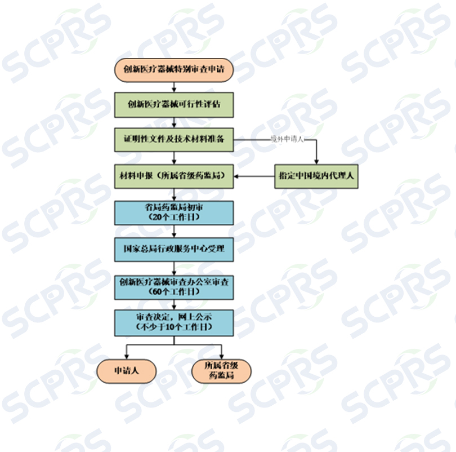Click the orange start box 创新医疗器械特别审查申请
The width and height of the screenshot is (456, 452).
174,70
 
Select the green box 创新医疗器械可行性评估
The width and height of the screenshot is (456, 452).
174,104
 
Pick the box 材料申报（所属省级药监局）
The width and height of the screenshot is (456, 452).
174,176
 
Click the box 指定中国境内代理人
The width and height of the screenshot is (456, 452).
316,176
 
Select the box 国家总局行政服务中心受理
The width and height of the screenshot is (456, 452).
174,249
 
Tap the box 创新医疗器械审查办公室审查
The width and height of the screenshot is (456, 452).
174,287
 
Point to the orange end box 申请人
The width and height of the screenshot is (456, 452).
126,371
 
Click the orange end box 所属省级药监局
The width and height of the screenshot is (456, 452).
221,371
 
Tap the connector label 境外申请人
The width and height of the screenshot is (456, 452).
287,139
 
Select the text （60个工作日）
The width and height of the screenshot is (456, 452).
174,291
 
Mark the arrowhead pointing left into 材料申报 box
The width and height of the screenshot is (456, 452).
237,176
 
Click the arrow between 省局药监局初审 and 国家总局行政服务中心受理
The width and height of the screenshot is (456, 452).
174,231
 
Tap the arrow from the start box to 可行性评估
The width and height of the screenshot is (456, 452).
174,87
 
